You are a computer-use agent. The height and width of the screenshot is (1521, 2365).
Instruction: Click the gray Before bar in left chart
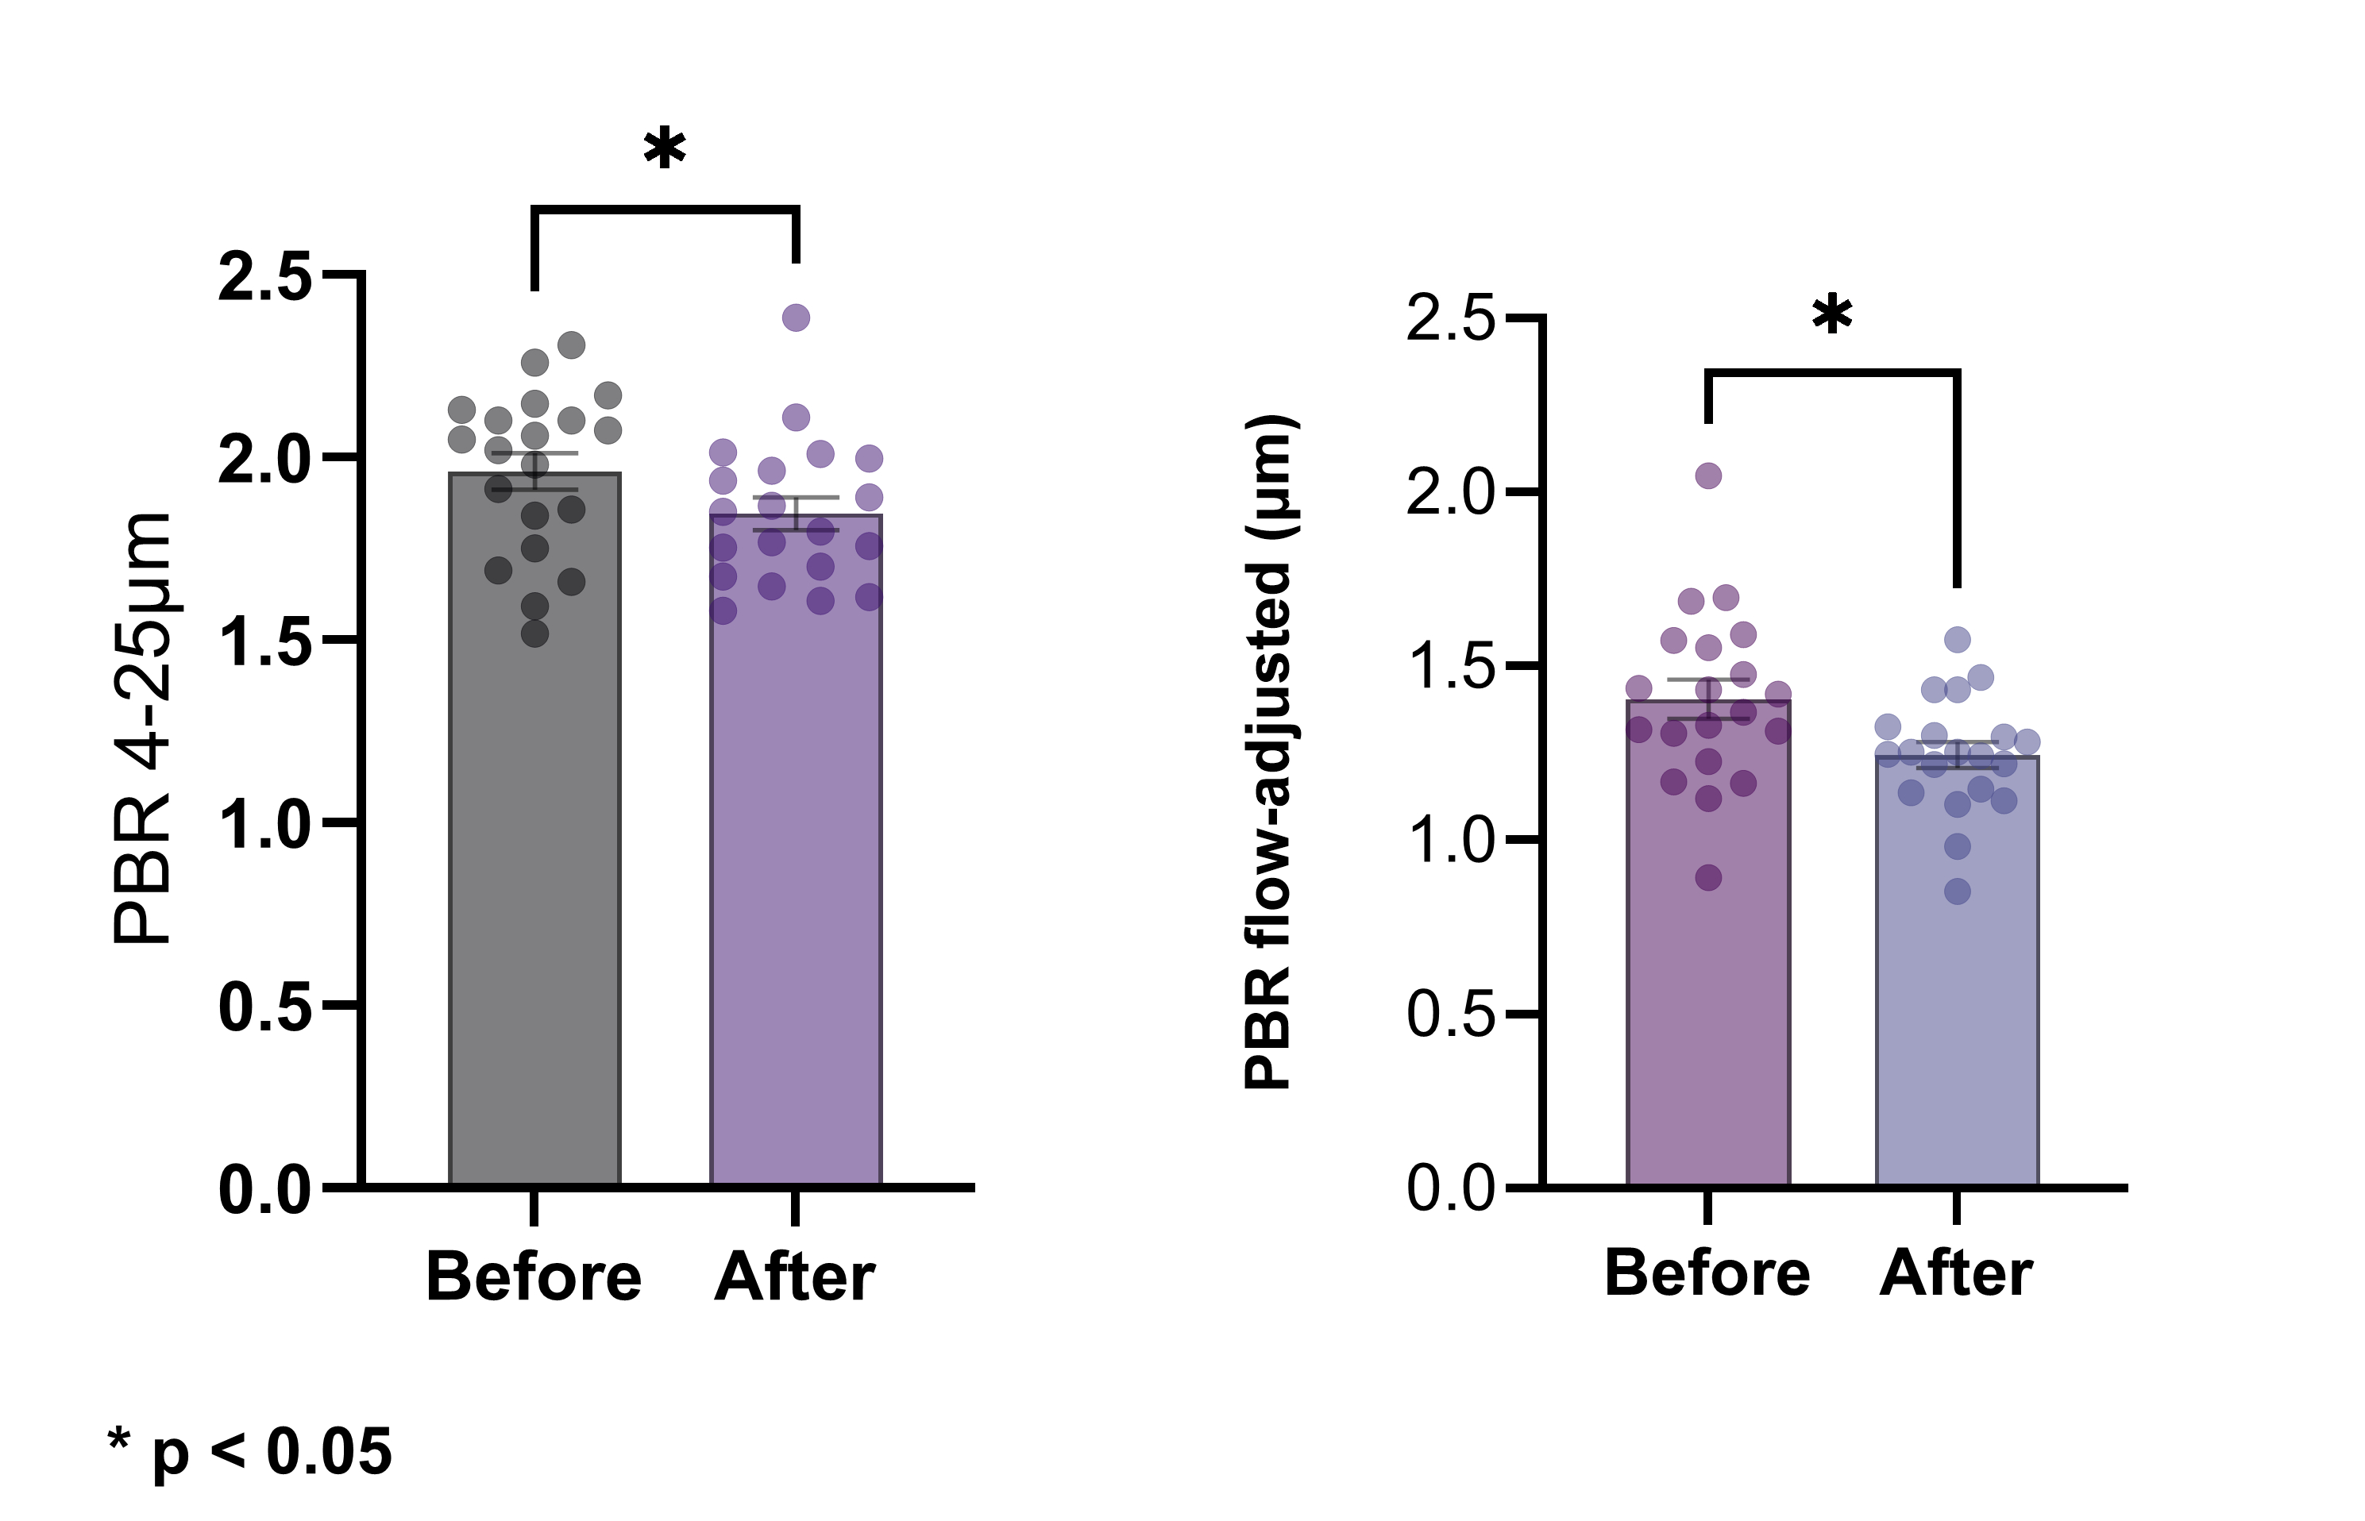click(x=534, y=889)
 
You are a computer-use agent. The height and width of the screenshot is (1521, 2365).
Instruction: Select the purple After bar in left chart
click(x=795, y=889)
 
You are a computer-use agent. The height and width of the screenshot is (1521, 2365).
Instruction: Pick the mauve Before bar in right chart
click(x=1708, y=968)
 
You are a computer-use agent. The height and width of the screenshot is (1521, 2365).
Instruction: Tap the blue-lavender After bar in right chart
click(x=1957, y=988)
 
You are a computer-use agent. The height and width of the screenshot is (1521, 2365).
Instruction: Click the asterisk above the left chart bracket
click(x=664, y=150)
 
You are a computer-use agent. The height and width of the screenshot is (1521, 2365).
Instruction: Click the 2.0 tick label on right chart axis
click(x=1450, y=492)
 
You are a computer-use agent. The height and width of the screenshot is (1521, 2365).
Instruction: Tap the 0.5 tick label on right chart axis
click(x=1450, y=1015)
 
